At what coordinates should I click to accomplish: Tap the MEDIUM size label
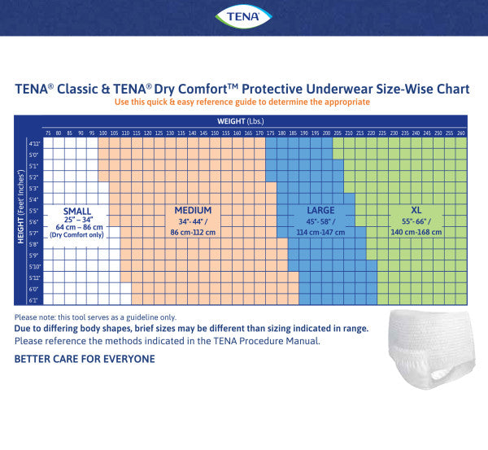193,210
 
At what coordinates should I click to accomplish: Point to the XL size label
416,210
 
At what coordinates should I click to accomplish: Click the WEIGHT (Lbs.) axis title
243,120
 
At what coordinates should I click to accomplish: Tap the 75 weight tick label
48,133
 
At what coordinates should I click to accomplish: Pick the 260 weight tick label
460,133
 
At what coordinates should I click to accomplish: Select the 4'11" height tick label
33,143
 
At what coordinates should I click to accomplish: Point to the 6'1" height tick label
33,300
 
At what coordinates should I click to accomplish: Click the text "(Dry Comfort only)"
76,234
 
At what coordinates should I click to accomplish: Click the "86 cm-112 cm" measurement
193,232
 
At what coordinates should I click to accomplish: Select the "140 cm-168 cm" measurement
416,232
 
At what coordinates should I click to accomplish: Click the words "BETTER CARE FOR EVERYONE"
85,358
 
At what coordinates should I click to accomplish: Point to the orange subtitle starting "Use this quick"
243,103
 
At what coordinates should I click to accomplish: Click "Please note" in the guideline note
34,317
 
